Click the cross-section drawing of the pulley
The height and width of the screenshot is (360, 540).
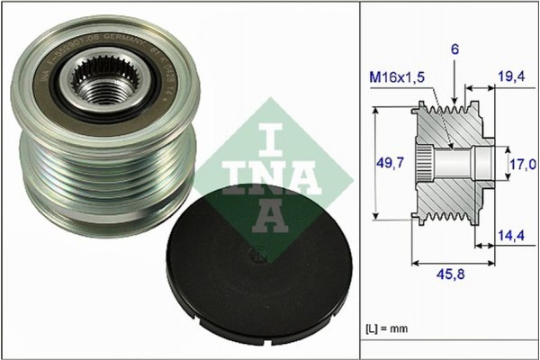pyautogui.click(x=450, y=162)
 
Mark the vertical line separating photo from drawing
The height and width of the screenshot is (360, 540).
pyautogui.click(x=360, y=180)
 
